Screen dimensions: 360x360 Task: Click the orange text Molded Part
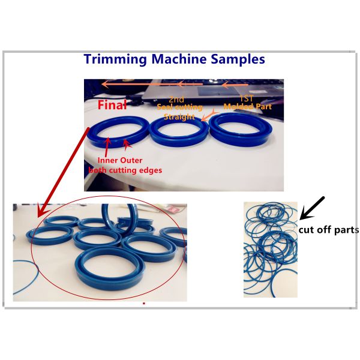247,106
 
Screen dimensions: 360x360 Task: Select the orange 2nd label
176,99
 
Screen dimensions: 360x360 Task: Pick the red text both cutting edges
125,170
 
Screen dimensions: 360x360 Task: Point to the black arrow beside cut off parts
312,207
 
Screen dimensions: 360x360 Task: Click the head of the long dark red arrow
40,212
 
